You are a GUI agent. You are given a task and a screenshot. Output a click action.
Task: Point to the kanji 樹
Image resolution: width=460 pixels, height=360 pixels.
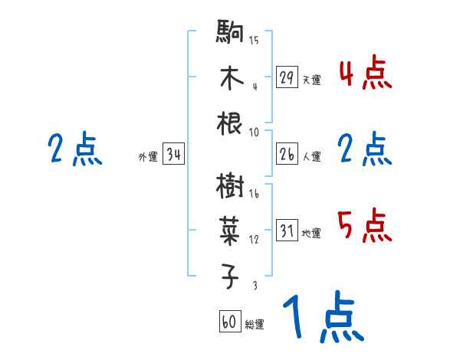click(x=231, y=185)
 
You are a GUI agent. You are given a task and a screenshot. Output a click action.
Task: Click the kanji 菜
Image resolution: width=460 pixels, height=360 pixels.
click(x=231, y=229)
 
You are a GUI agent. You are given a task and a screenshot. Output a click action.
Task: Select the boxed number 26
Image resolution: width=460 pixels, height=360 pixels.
click(x=287, y=154)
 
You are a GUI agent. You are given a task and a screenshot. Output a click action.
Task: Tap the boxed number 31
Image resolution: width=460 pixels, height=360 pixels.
click(x=287, y=230)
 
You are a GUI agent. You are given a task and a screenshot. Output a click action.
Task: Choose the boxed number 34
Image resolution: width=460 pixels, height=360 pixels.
click(x=173, y=155)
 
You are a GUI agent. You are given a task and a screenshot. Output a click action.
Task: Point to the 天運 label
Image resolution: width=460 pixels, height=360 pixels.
click(x=311, y=80)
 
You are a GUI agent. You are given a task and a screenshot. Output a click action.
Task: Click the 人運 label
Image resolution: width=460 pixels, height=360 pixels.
click(x=311, y=157)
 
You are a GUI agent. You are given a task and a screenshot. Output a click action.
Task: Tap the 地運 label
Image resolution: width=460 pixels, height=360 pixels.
click(x=311, y=233)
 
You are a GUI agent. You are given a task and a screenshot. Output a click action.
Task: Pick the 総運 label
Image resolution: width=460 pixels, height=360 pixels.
click(x=255, y=325)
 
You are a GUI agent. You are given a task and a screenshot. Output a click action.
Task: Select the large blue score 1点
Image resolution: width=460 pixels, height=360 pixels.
click(x=323, y=318)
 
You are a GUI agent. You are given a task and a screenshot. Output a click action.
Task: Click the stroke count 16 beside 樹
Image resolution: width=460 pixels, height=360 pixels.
click(x=254, y=195)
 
